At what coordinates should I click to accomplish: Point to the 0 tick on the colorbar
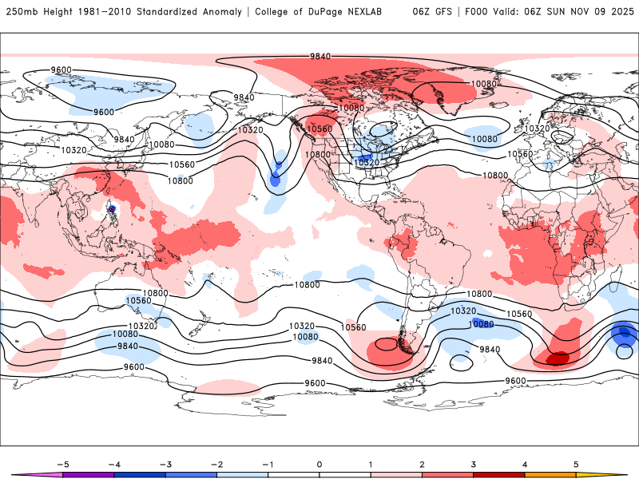(319, 464)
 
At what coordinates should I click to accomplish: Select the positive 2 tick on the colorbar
(422, 464)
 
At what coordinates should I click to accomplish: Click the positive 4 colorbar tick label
(524, 464)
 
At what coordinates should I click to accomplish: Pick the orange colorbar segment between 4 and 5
(550, 475)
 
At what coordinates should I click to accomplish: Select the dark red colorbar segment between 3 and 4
(498, 475)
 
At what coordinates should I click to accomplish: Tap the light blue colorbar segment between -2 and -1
(242, 475)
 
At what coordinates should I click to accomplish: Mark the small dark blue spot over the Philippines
(113, 209)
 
